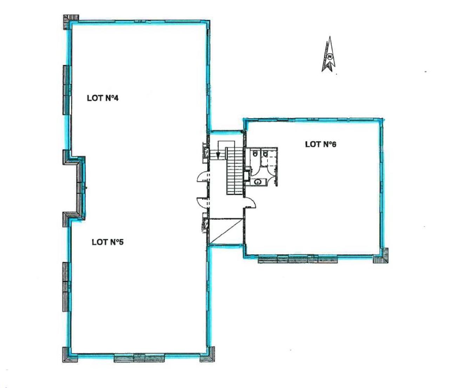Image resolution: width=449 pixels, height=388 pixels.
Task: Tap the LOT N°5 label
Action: point(107,242)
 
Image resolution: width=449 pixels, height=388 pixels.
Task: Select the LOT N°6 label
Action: point(321,144)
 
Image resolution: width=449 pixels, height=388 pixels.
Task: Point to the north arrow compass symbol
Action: point(329,55)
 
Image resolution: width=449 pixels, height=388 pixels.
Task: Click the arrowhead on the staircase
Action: point(218,156)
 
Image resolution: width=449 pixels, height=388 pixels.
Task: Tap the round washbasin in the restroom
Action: point(258,181)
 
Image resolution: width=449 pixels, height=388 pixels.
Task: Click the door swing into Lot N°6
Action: point(250,202)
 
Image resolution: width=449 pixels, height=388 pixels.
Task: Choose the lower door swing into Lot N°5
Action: point(203,202)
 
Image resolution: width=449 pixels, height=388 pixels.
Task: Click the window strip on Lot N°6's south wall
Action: point(297,260)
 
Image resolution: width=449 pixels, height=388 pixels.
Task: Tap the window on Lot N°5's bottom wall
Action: point(139,359)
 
